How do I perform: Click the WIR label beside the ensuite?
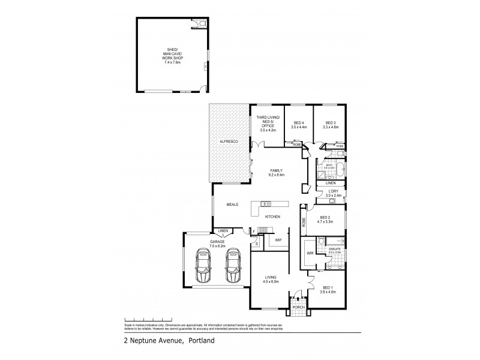[x=310, y=253]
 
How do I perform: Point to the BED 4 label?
[x=299, y=122]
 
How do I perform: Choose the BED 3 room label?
[x=331, y=122]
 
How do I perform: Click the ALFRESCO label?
[x=229, y=140]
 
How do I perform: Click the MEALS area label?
[x=233, y=205]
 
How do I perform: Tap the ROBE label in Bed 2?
[x=304, y=221]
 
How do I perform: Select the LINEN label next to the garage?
[x=223, y=230]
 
